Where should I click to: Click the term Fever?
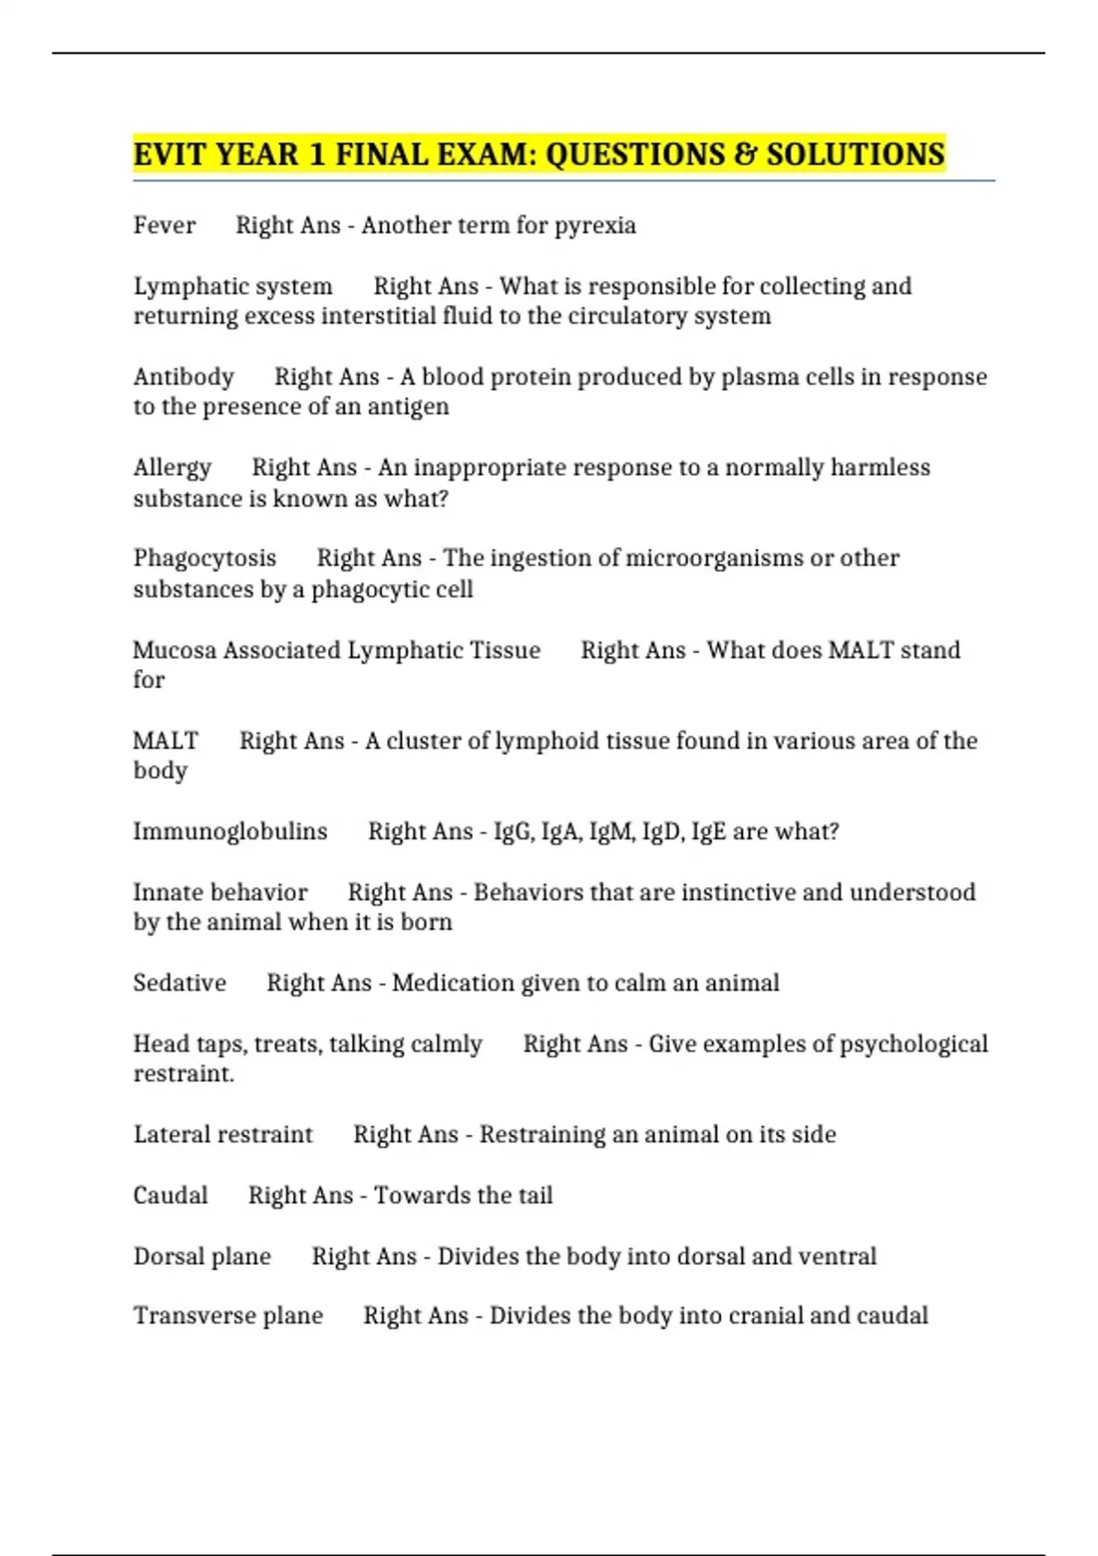click(x=165, y=225)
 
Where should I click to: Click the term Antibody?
click(x=184, y=377)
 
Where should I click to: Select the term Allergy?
click(x=172, y=468)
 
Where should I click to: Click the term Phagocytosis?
click(x=205, y=558)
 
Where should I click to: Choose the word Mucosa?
click(x=174, y=650)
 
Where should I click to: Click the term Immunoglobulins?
click(x=230, y=831)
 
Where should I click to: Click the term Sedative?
click(x=179, y=983)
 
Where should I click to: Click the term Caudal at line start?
click(x=170, y=1195)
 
